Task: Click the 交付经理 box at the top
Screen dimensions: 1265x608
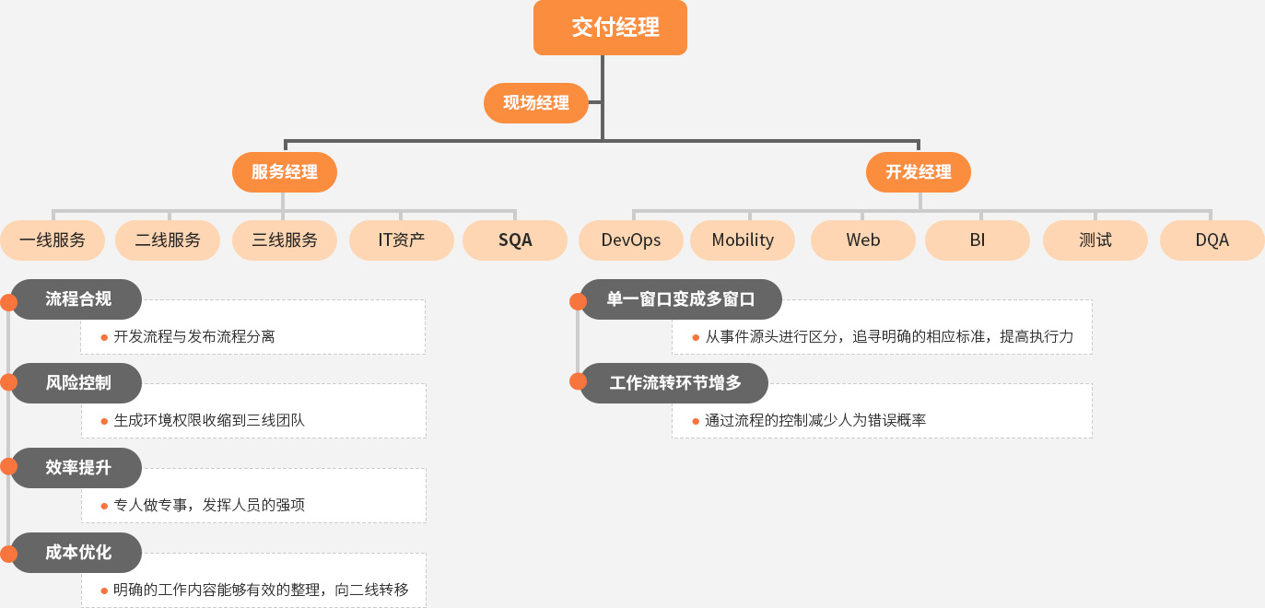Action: [x=610, y=27]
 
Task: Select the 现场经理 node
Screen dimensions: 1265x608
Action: [x=536, y=103]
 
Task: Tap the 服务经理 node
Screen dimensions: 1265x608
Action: [x=285, y=171]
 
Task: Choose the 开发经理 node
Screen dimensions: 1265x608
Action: [x=919, y=171]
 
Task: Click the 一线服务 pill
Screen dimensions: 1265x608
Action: [x=53, y=240]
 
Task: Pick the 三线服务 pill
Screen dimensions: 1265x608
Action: [x=285, y=240]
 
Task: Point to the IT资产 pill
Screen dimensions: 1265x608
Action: [x=402, y=240]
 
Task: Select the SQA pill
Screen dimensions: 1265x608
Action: [x=515, y=240]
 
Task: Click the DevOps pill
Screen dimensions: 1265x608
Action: [x=631, y=240]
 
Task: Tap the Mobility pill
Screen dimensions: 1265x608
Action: [x=743, y=240]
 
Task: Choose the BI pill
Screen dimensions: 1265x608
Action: [x=978, y=240]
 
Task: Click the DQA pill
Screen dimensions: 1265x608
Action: [x=1212, y=240]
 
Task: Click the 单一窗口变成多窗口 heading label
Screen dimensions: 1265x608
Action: [x=681, y=299]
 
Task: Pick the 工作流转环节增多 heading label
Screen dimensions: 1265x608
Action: [x=674, y=382]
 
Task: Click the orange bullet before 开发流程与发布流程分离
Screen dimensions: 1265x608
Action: [x=104, y=337]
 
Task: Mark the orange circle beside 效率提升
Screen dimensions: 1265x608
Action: [x=8, y=466]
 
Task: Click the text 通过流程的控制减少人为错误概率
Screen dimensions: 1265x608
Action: [x=815, y=420]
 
